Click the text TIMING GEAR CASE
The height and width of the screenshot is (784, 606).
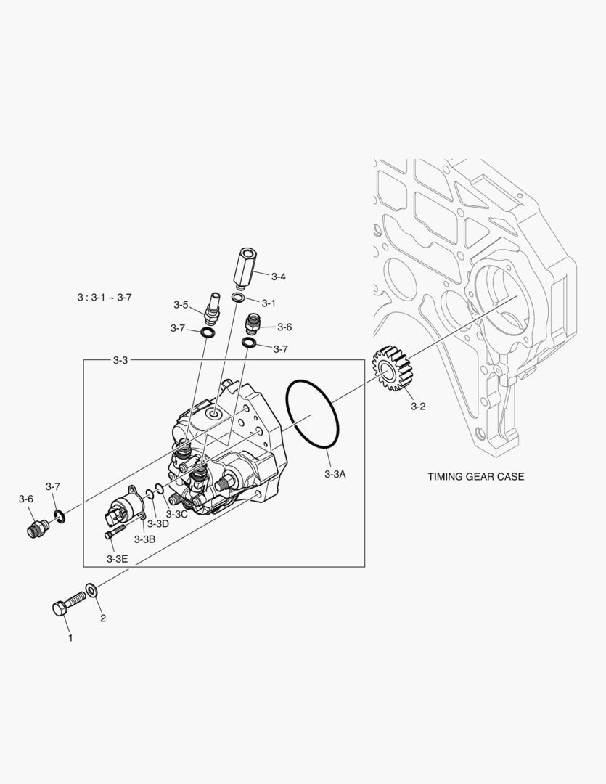click(475, 477)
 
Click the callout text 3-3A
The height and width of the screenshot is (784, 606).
click(335, 474)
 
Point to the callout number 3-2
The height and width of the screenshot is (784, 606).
click(417, 407)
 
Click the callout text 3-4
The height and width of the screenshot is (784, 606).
click(279, 277)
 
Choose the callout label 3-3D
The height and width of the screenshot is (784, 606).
click(157, 523)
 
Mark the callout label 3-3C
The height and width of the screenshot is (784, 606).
click(177, 514)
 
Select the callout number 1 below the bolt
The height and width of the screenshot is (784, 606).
click(70, 638)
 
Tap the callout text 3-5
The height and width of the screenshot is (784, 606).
click(181, 304)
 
